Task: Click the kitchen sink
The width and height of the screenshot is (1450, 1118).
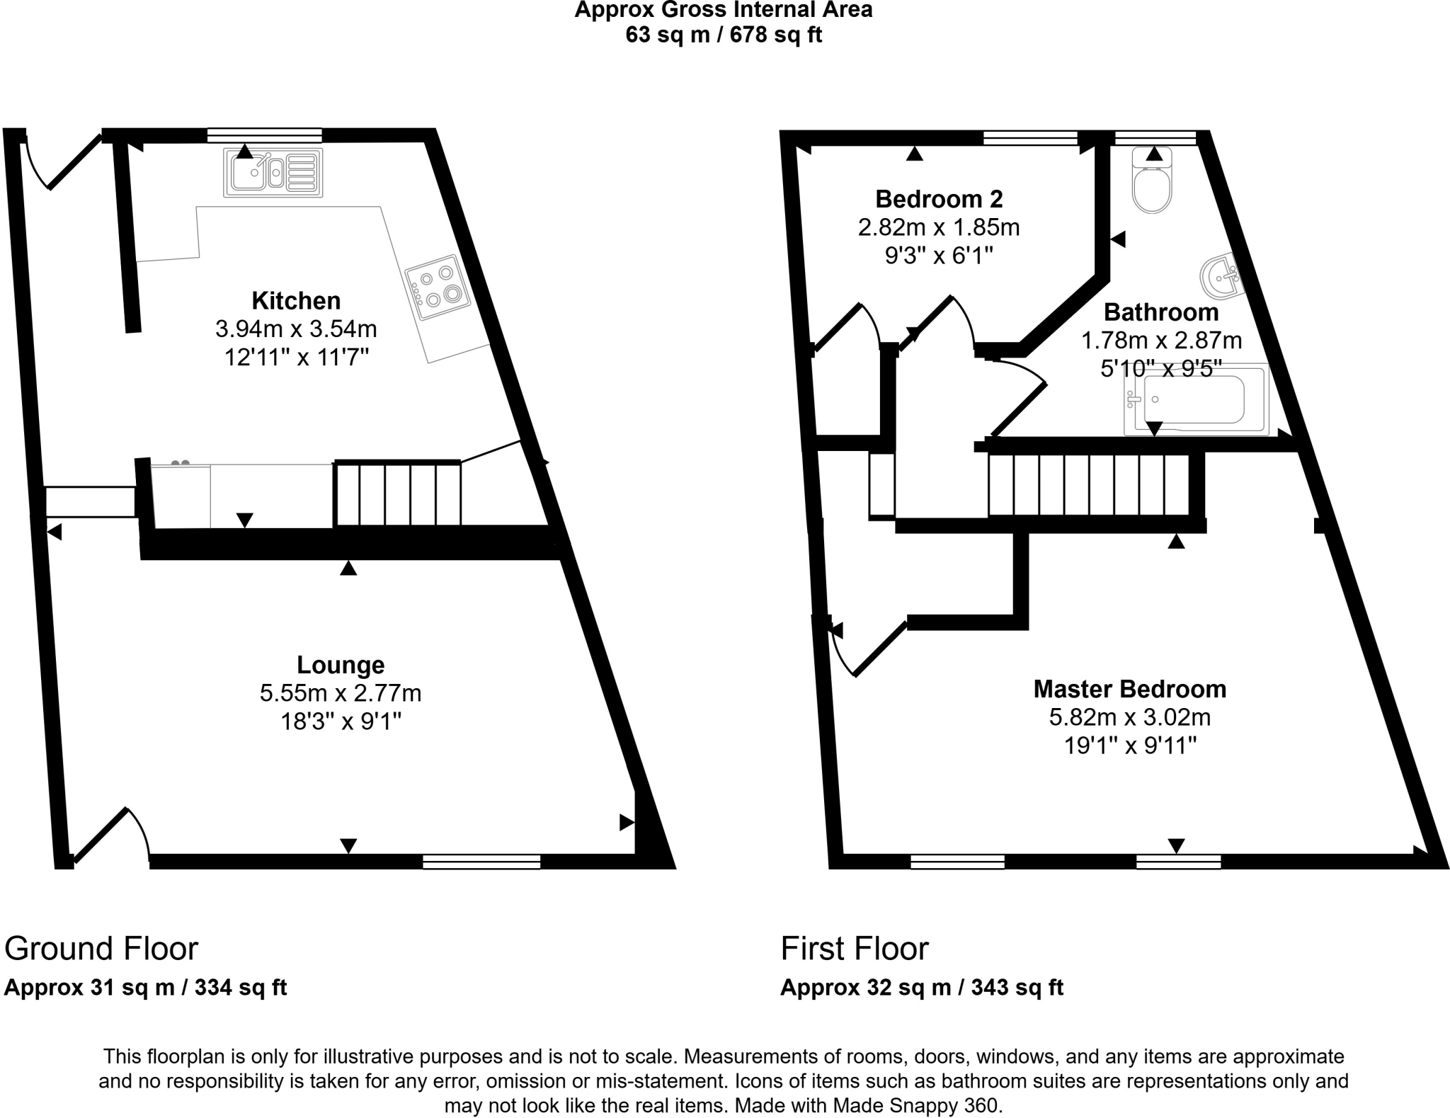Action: [x=273, y=172]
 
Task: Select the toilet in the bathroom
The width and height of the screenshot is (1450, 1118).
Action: [x=1152, y=182]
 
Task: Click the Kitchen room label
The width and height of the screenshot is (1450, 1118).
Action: [x=296, y=301]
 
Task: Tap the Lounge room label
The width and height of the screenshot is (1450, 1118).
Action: [x=341, y=665]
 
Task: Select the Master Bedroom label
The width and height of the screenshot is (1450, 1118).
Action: [x=1129, y=689]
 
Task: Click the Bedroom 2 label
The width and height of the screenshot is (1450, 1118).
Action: [x=939, y=199]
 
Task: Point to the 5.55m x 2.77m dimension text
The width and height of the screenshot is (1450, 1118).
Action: [x=341, y=693]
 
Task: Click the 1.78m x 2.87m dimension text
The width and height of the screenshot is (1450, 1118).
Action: [x=1161, y=341]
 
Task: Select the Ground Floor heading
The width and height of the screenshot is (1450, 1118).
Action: [x=101, y=949]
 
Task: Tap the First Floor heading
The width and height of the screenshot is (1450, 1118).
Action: [x=854, y=949]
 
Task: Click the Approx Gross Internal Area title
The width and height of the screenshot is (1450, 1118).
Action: [x=723, y=11]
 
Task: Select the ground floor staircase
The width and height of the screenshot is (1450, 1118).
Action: [x=397, y=494]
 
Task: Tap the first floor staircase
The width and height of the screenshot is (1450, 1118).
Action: [x=1088, y=485]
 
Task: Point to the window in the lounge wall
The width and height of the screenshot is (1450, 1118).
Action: [x=481, y=862]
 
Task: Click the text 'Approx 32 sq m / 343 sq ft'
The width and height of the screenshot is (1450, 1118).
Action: [x=921, y=988]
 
